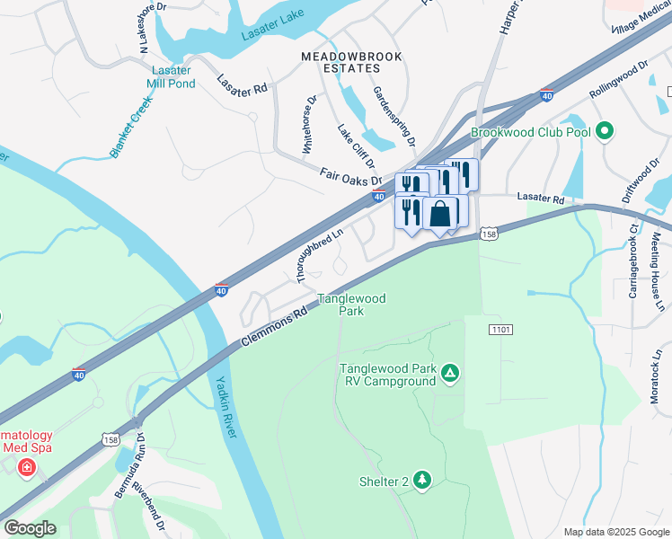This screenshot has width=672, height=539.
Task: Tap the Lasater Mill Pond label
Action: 172,77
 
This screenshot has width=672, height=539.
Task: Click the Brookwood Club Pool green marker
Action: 606,132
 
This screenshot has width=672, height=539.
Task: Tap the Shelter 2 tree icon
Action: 421,482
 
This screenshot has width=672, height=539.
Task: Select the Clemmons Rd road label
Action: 274,327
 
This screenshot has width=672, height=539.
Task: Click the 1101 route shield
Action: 500,331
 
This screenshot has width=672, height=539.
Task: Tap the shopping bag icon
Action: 440,215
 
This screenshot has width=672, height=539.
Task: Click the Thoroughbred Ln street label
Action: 320,252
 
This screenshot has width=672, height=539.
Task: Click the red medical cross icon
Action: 27,468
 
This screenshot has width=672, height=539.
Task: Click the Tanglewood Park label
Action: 351,305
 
